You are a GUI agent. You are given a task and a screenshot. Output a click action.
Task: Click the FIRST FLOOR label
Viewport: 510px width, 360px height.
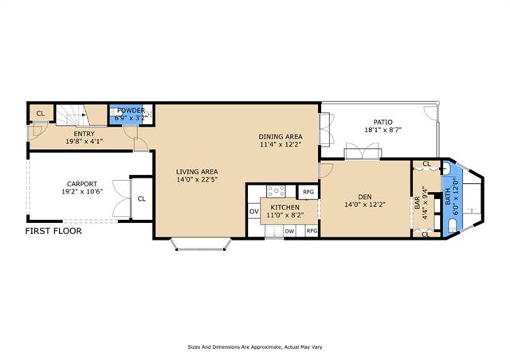tap(53, 231)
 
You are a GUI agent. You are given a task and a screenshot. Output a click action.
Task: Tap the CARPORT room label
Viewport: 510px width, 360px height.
tap(82, 184)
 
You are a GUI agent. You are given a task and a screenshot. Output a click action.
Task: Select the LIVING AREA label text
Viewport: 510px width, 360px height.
tap(197, 172)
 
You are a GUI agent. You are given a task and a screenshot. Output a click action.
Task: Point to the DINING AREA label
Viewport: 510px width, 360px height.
tap(280, 136)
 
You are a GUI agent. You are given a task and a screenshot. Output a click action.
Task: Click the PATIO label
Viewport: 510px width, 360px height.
tap(382, 123)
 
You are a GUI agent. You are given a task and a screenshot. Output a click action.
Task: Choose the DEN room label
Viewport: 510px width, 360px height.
tap(365, 197)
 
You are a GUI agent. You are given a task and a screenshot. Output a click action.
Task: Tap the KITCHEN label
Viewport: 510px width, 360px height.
tap(285, 208)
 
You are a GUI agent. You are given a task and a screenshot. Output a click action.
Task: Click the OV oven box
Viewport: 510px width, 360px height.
tap(253, 212)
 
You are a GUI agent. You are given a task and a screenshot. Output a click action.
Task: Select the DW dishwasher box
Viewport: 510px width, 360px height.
tap(289, 231)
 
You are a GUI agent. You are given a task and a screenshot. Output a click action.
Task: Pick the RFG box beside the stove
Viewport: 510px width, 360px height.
tap(308, 192)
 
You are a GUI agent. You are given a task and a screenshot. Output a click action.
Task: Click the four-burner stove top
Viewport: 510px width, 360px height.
tap(277, 191)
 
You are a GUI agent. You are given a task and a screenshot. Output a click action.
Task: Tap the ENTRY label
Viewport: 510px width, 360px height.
tap(84, 134)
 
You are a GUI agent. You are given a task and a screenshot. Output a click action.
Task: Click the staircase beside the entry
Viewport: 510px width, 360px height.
tap(81, 115)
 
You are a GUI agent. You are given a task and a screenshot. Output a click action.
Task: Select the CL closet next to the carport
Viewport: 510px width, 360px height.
tap(142, 198)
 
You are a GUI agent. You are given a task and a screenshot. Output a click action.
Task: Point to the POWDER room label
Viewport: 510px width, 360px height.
tap(131, 110)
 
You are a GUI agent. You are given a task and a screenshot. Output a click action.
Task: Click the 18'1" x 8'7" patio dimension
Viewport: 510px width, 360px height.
tap(383, 130)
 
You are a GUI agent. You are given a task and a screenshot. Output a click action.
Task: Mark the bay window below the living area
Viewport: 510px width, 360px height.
tap(201, 245)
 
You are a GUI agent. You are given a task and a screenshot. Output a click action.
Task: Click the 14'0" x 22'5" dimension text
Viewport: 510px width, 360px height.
tap(197, 179)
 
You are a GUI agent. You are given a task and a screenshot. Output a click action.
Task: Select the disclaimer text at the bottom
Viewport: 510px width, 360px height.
tap(255, 347)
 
